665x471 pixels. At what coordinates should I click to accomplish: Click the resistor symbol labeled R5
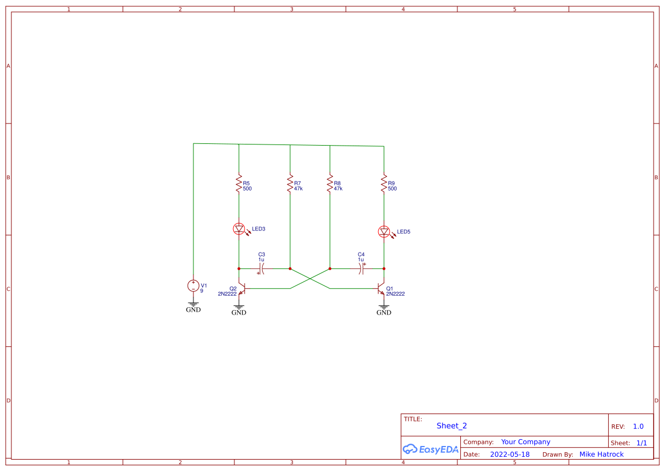pos(239,184)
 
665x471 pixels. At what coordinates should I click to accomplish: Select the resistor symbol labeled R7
pos(290,184)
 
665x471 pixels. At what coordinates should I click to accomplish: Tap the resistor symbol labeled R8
pos(329,184)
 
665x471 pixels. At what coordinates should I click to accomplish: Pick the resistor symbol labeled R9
pos(384,184)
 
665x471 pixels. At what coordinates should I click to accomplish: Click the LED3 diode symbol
pos(239,229)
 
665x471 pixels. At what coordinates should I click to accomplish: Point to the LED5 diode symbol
pos(384,232)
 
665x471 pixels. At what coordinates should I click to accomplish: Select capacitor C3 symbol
pos(261,268)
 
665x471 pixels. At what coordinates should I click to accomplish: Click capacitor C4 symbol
pos(361,268)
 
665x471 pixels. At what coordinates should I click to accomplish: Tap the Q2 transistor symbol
pos(241,289)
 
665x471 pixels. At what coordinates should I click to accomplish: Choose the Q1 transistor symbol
pos(382,289)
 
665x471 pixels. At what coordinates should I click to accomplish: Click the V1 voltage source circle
pos(193,286)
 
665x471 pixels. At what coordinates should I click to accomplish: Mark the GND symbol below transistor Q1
pos(384,308)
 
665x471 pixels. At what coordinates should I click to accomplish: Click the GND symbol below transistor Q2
pos(239,308)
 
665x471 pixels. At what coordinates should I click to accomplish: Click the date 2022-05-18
pos(510,455)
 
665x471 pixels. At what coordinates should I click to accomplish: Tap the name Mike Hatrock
pos(601,455)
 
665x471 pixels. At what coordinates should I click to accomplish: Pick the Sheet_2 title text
pos(452,426)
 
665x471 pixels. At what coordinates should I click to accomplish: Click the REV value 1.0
pos(638,427)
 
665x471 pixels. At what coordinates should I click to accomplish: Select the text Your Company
pos(526,442)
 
